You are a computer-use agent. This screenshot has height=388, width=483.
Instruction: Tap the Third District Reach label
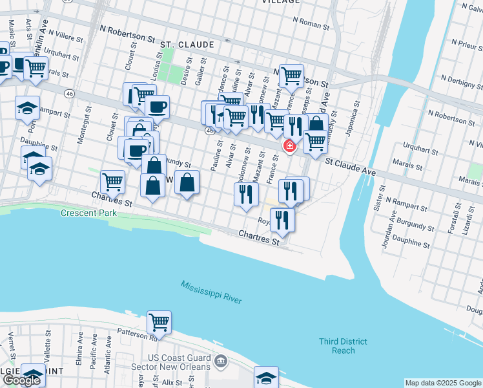click(x=343, y=346)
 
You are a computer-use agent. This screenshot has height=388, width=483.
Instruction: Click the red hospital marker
click(x=289, y=147)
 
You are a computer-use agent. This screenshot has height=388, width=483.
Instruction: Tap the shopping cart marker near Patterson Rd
click(x=158, y=321)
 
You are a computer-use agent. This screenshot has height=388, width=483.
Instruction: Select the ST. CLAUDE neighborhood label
click(x=187, y=45)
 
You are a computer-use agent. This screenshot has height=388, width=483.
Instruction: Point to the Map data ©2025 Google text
click(x=443, y=383)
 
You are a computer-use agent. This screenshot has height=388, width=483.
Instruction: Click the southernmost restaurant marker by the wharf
click(x=282, y=219)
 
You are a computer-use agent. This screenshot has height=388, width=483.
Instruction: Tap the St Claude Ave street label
click(x=349, y=167)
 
